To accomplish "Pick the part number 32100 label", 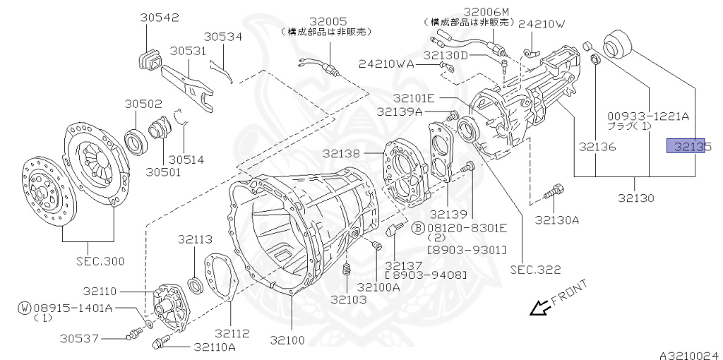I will [287, 340].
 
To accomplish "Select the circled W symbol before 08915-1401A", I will [25, 308].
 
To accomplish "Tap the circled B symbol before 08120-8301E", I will [418, 227].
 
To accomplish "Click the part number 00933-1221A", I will [647, 116].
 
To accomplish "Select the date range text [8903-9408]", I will [425, 275].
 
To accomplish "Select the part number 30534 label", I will [223, 37].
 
